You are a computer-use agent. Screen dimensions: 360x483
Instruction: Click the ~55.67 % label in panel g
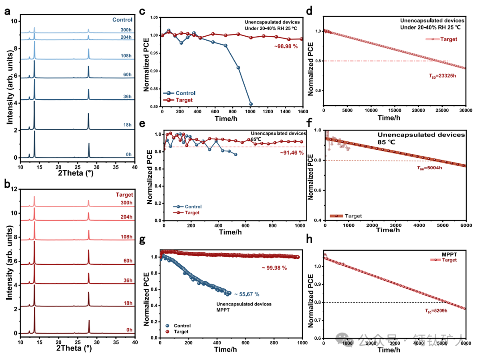pos(246,294)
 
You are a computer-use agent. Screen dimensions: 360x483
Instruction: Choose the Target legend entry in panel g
pos(180,331)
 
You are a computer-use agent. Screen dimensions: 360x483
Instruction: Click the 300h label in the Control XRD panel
pos(127,30)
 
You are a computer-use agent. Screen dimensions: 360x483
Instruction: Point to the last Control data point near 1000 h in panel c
pos(251,104)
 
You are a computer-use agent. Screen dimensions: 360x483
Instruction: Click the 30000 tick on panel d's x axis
pos(466,110)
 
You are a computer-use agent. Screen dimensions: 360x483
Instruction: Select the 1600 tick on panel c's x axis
pos(303,110)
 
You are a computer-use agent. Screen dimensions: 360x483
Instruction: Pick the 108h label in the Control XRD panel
pos(127,56)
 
